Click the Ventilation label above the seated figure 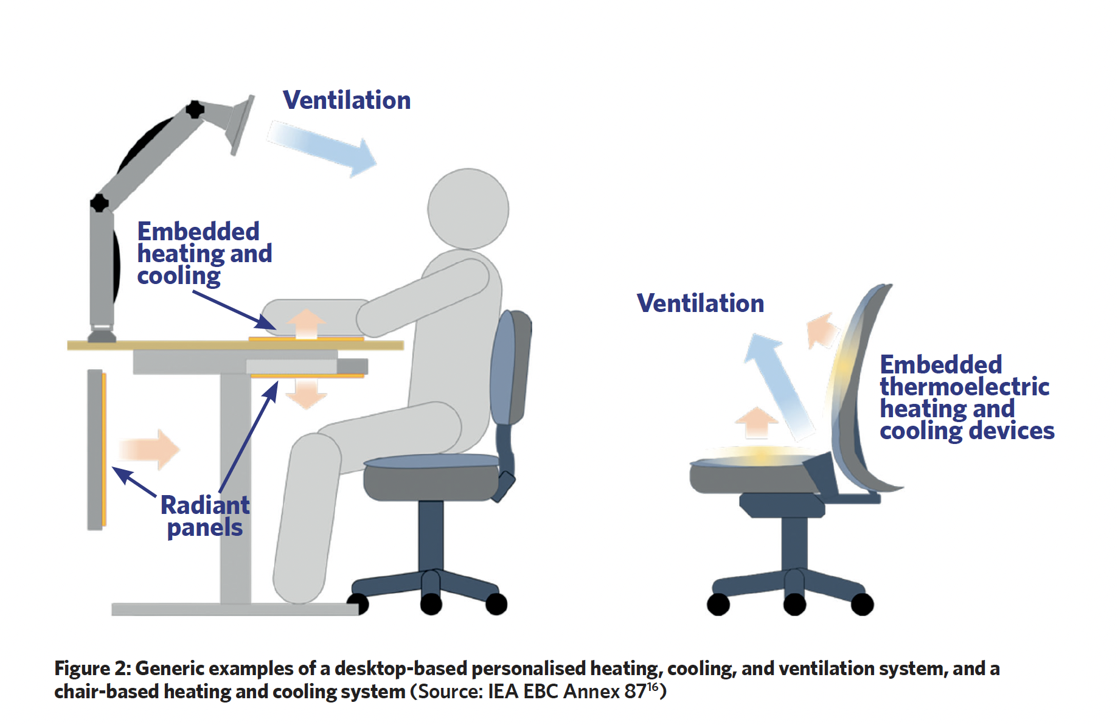pyautogui.click(x=347, y=100)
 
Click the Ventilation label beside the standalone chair pyautogui.click(x=700, y=304)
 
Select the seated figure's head pyautogui.click(x=468, y=209)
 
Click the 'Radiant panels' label pyautogui.click(x=205, y=516)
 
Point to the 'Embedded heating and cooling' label pyautogui.click(x=204, y=253)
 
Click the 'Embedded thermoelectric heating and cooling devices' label pyautogui.click(x=967, y=398)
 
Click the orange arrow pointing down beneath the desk pyautogui.click(x=306, y=394)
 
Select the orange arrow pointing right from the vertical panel pyautogui.click(x=150, y=449)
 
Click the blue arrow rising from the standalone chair pyautogui.click(x=779, y=386)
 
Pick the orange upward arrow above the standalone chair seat pyautogui.click(x=756, y=422)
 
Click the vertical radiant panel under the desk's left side pyautogui.click(x=97, y=449)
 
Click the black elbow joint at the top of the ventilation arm pyautogui.click(x=195, y=109)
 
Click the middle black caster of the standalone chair pyautogui.click(x=794, y=605)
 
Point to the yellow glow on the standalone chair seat pyautogui.click(x=760, y=456)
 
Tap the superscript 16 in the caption pyautogui.click(x=653, y=687)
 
